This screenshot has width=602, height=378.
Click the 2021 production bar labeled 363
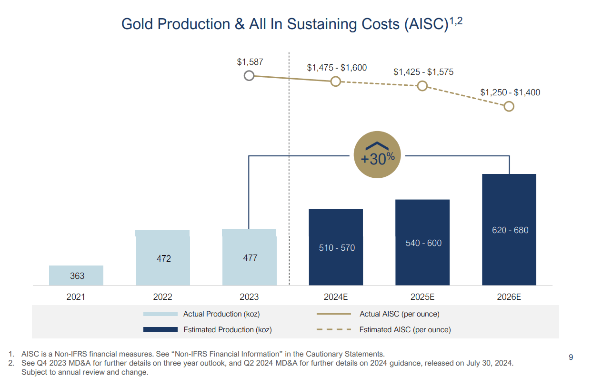point(76,276)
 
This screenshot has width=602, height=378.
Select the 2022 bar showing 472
point(163,258)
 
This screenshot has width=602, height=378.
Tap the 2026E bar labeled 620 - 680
point(509,230)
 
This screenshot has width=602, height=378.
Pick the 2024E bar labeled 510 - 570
point(336,247)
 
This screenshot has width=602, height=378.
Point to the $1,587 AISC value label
point(250,62)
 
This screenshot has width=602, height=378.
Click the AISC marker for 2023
point(249,76)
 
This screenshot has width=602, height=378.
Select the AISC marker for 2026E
point(509,106)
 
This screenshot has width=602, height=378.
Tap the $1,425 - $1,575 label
point(423,72)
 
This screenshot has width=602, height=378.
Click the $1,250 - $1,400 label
point(510,92)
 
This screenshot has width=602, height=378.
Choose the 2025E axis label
point(422,297)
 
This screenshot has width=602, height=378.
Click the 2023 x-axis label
point(249,297)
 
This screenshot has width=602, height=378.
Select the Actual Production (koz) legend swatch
point(161,314)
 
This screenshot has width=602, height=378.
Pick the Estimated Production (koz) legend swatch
point(161,329)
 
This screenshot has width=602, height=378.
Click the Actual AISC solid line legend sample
point(334,314)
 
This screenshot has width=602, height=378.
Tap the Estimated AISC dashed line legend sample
point(334,329)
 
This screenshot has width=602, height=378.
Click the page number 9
point(571,358)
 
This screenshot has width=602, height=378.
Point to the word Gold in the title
point(137,24)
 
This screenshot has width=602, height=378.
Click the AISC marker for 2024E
point(336,82)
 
